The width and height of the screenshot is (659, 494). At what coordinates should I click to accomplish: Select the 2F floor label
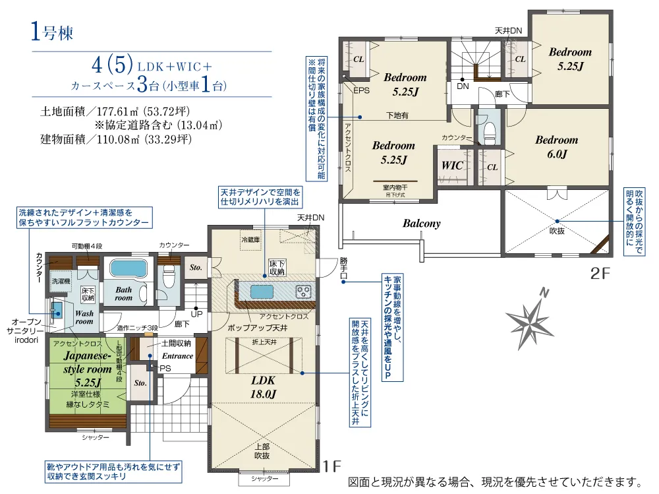click(x=602, y=273)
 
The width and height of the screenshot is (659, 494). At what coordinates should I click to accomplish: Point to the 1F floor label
click(x=331, y=466)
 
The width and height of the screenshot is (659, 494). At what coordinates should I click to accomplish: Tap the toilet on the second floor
click(x=488, y=133)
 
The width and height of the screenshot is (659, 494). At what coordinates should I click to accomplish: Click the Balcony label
click(x=422, y=224)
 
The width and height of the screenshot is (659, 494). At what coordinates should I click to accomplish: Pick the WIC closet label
click(x=452, y=166)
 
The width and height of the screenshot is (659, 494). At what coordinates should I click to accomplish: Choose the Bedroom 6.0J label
click(x=556, y=147)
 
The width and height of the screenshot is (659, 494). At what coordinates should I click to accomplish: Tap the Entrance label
click(x=177, y=356)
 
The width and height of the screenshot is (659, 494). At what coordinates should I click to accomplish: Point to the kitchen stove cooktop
click(x=304, y=291)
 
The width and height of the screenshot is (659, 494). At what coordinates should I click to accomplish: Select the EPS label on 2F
click(x=362, y=90)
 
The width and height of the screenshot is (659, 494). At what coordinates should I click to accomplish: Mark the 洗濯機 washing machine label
click(x=61, y=280)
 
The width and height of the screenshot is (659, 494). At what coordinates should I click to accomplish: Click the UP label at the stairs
click(x=196, y=313)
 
